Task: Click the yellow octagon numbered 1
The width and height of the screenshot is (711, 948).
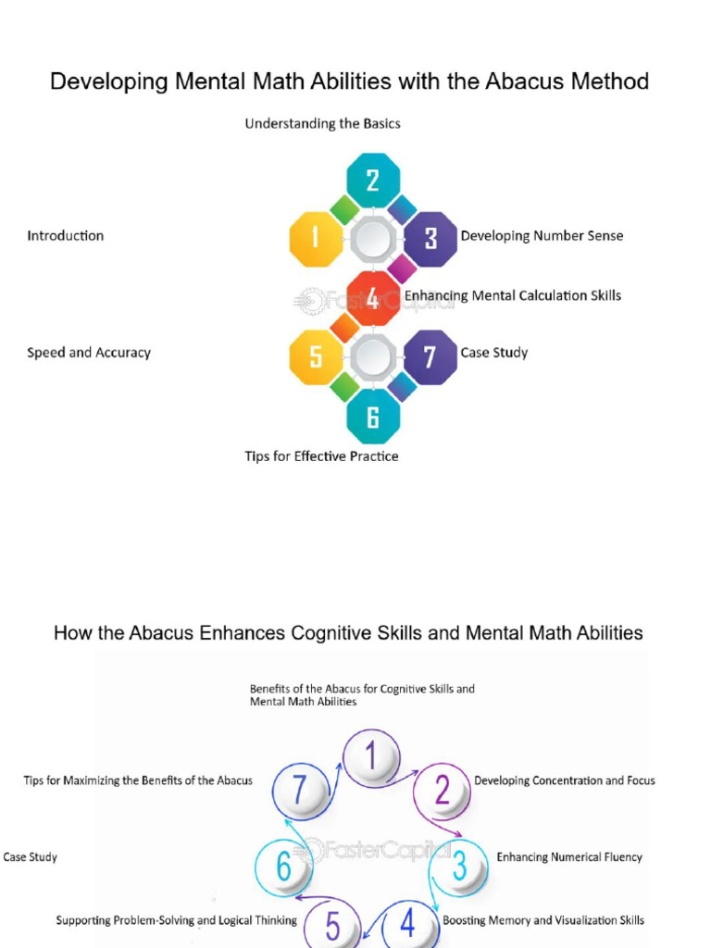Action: tap(317, 239)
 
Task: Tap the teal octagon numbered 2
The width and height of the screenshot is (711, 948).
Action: tap(373, 181)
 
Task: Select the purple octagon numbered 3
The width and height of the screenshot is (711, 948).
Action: tap(430, 239)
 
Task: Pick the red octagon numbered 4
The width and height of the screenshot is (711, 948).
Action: tap(373, 298)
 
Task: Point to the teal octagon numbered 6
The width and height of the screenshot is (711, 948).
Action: tap(373, 417)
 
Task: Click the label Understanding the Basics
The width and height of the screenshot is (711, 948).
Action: tap(322, 123)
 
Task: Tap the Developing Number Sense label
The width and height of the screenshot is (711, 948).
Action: tap(542, 236)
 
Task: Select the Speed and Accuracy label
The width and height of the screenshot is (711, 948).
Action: tap(89, 353)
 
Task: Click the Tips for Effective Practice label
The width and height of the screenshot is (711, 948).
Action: tap(321, 456)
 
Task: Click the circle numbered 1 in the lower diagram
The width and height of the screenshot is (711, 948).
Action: tap(371, 758)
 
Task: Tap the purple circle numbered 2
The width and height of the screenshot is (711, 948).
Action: tap(443, 791)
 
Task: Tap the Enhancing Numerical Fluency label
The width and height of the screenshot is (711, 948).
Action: tap(569, 857)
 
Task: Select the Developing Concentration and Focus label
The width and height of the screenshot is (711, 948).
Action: tap(565, 780)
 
